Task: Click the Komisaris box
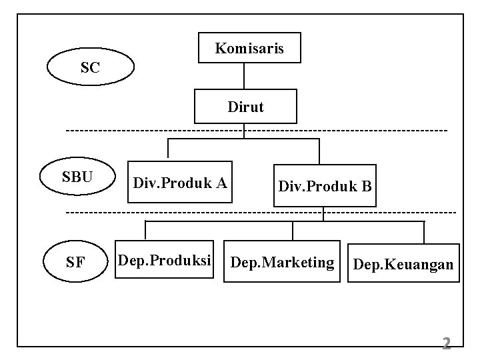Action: [249, 48]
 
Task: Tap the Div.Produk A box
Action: [179, 182]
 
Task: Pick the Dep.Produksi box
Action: [164, 260]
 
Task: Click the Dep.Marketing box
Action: [281, 263]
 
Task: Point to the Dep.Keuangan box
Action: [403, 265]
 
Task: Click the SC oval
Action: [91, 67]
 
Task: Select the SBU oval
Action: [77, 177]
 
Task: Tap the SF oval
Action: [76, 262]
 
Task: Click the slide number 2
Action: [447, 344]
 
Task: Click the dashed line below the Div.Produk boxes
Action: [200, 212]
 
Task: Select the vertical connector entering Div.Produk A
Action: [167, 150]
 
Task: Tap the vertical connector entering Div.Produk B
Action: [319, 151]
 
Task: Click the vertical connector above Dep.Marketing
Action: [293, 231]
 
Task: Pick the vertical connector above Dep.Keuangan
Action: [424, 231]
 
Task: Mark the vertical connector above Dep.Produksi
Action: [145, 231]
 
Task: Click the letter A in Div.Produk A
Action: [222, 182]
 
